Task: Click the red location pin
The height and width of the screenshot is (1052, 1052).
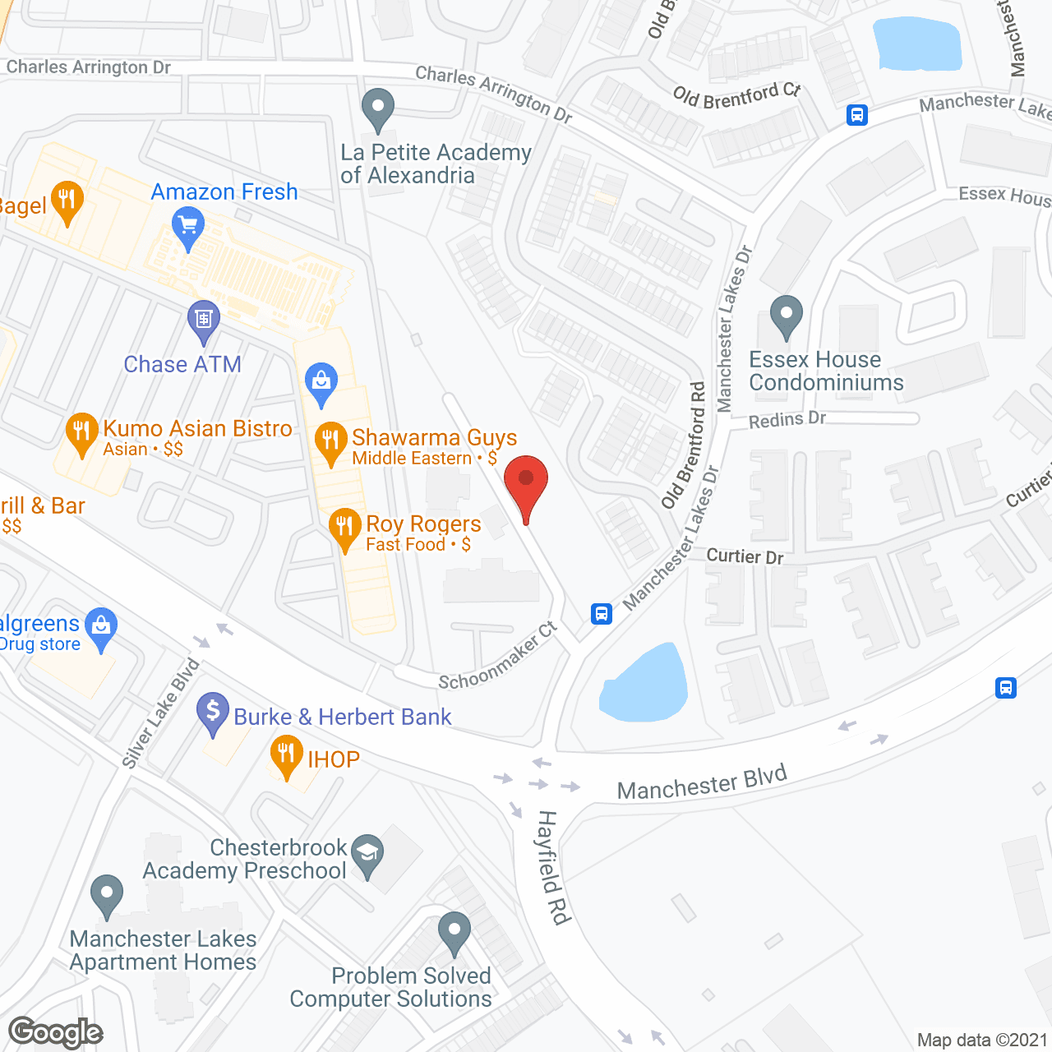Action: point(525,481)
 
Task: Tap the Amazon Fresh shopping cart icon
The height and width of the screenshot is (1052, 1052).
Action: point(188,225)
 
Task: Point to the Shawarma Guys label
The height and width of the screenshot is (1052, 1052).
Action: point(434,438)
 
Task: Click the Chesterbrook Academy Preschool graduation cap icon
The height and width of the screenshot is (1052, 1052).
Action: point(367,854)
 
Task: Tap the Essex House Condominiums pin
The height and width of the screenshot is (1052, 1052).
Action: point(787,315)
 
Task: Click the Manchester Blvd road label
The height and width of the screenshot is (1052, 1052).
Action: point(702,782)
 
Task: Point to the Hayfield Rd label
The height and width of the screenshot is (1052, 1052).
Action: point(553,867)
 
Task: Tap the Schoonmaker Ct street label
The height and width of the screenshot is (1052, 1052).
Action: point(498,657)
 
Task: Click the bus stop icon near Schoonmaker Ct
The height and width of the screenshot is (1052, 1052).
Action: point(602,613)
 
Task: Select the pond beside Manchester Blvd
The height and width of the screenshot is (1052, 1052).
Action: point(645,684)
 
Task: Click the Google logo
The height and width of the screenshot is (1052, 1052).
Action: point(56,1032)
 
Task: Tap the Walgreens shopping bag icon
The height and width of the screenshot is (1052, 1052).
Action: point(101,627)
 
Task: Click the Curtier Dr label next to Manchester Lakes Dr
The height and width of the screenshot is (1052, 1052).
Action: point(745,556)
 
